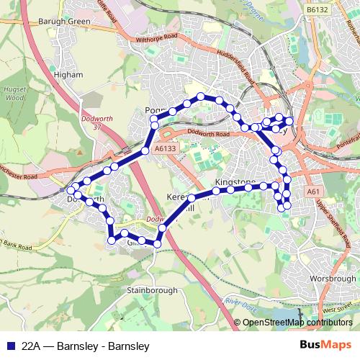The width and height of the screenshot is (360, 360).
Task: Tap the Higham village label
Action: pos(73,73)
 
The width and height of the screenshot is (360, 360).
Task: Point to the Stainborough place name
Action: pos(152,291)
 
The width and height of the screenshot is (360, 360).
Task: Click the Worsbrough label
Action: pos(334,278)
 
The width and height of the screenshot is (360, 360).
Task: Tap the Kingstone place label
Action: pos(235,184)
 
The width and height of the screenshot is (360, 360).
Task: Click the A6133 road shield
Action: pos(165,148)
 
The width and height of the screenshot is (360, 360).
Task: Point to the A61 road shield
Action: pos(312,192)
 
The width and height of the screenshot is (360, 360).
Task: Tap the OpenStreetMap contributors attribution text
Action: pos(298,323)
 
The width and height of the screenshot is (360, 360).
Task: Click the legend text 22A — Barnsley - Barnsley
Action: pos(86,346)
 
